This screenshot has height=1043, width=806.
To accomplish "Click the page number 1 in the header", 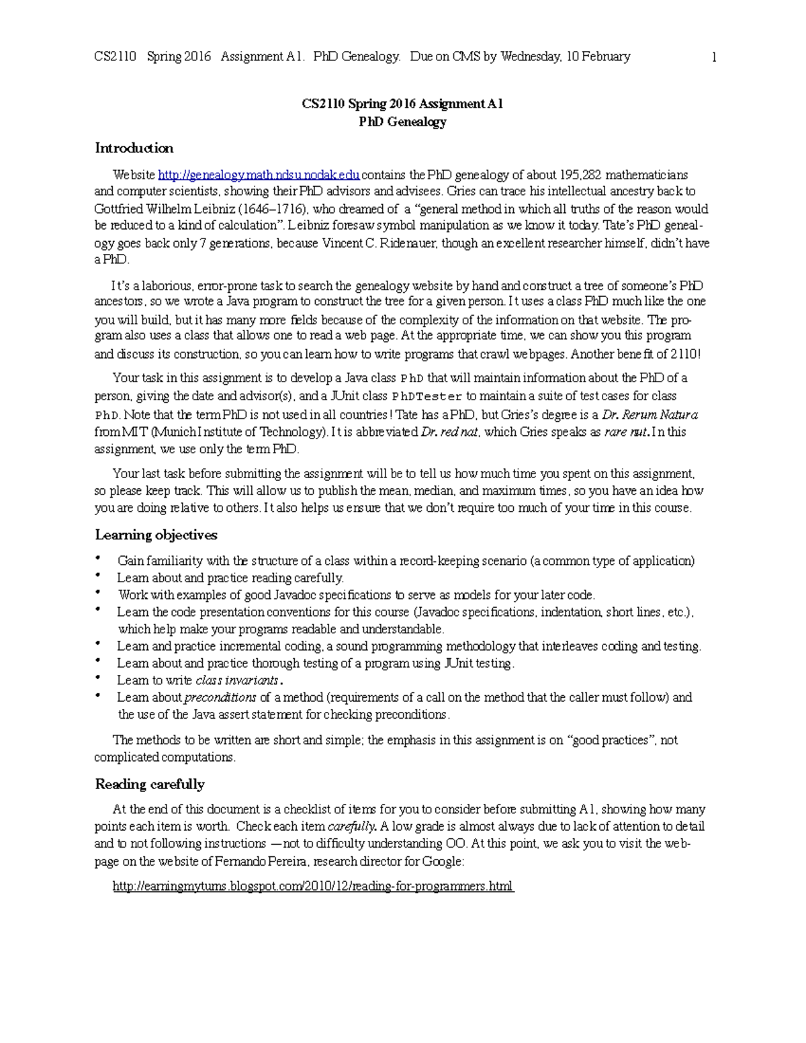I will click(714, 57).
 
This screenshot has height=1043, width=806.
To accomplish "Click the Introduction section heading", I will click(134, 148).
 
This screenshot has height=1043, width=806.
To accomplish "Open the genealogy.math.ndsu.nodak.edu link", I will click(259, 175).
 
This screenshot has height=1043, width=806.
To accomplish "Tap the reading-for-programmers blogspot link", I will click(313, 886).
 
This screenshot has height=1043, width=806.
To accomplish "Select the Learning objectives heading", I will click(156, 535).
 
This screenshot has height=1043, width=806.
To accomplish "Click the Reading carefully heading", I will click(149, 784).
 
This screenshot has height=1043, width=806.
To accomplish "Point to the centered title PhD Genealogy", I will click(402, 122).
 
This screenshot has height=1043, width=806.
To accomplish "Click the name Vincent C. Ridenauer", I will click(379, 243).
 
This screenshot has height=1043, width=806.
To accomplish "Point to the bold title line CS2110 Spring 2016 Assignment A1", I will click(402, 104).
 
